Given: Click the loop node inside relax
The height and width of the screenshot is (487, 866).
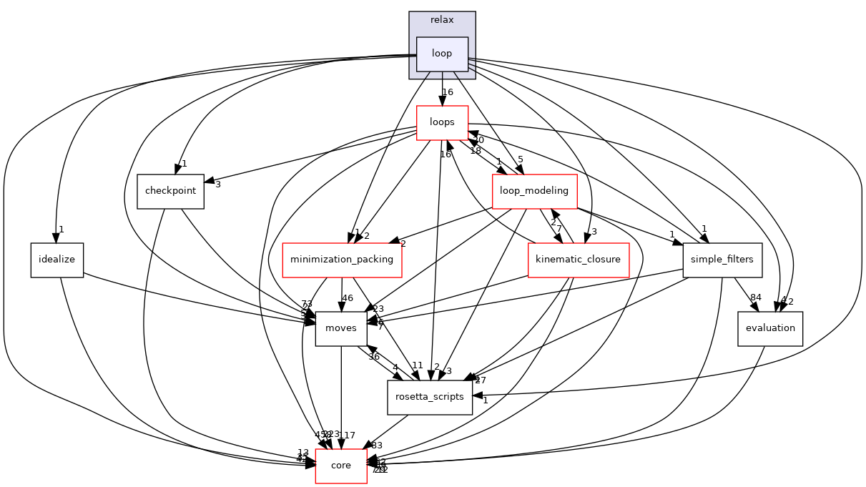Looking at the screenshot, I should coord(442,54).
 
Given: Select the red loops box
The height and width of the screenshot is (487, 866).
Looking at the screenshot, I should coord(442,122).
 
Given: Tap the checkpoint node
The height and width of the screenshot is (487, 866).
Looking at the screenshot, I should coord(170,192).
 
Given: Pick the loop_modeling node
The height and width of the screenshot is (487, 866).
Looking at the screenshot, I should coord(534,191).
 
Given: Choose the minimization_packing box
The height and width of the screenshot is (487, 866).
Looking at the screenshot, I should coord(342,260).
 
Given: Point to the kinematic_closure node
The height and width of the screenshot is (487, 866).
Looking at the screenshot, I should coord(578,260).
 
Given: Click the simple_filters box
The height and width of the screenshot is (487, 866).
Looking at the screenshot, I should coord(722,260).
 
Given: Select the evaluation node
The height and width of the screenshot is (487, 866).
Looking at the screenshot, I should coord(769,328).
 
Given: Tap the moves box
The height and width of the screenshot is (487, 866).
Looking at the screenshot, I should coord(341,328).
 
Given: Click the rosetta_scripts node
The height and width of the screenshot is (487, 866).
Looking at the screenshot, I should coord(430,397).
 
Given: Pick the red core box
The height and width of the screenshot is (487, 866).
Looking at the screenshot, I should coord(341,466).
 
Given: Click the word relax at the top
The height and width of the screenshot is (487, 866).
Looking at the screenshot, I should coord(442,19).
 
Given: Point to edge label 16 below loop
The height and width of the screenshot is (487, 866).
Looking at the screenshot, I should coord(448,92).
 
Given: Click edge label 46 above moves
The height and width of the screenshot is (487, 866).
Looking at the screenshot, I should coord(348,299).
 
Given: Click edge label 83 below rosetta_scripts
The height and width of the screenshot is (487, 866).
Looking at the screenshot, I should coord(377,446).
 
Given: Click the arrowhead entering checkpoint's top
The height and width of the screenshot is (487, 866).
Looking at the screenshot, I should coord(174,170).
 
